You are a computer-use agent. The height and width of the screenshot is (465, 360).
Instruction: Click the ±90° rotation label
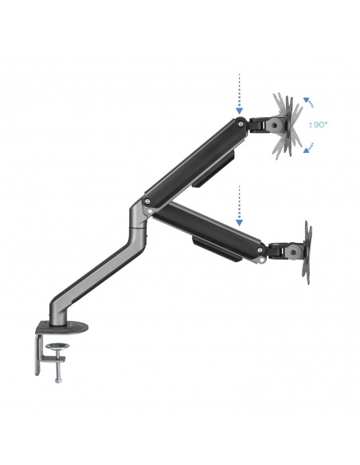[x=321, y=126]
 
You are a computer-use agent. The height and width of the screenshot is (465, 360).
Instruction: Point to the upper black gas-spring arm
[x=191, y=158]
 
